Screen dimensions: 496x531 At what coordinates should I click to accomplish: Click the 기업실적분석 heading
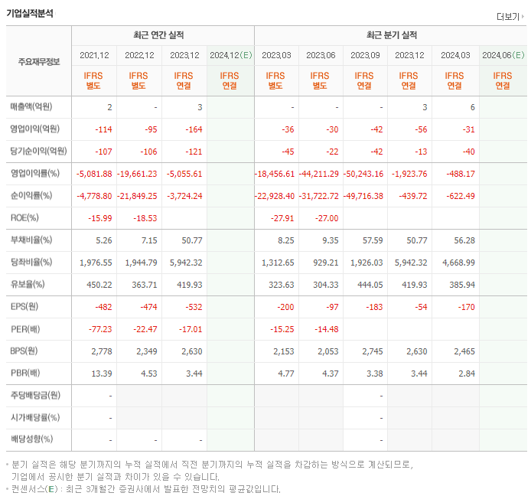tap(30, 13)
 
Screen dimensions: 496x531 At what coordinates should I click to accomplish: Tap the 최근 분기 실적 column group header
tap(391, 35)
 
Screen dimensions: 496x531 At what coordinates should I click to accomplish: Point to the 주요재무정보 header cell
tap(39, 62)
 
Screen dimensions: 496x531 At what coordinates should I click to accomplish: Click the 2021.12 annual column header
tap(95, 55)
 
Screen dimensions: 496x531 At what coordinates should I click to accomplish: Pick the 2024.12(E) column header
tap(230, 55)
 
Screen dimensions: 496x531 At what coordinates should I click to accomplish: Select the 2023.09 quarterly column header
tap(366, 55)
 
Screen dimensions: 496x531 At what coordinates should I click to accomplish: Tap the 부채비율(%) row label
tap(31, 240)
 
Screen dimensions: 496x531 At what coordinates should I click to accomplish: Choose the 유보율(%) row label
tap(29, 285)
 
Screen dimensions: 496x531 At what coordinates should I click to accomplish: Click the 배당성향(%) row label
tap(31, 440)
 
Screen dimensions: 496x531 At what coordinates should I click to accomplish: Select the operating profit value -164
tap(192, 129)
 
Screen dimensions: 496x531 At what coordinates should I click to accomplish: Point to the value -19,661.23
tap(138, 174)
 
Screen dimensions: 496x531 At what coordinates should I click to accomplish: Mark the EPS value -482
tap(103, 307)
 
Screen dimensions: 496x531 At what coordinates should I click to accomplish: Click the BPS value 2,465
tap(461, 351)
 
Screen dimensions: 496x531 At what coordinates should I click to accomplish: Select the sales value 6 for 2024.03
tap(472, 107)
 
